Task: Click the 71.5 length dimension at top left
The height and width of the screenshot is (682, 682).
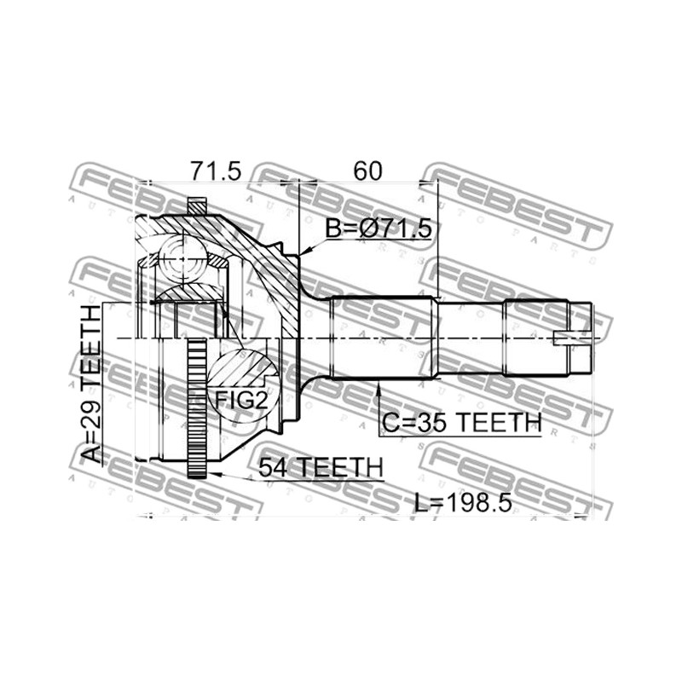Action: click(216, 171)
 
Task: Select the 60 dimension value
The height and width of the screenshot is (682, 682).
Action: click(367, 171)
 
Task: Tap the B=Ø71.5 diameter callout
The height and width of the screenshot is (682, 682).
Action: click(379, 228)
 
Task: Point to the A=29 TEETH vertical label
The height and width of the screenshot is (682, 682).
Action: click(91, 384)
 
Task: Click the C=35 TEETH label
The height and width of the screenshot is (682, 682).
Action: click(462, 422)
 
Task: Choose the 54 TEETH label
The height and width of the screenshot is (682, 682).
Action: click(321, 467)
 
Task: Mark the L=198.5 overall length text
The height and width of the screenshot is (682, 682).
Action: click(462, 503)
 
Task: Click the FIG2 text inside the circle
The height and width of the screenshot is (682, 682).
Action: click(241, 400)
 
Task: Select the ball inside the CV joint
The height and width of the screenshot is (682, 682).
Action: click(182, 259)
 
